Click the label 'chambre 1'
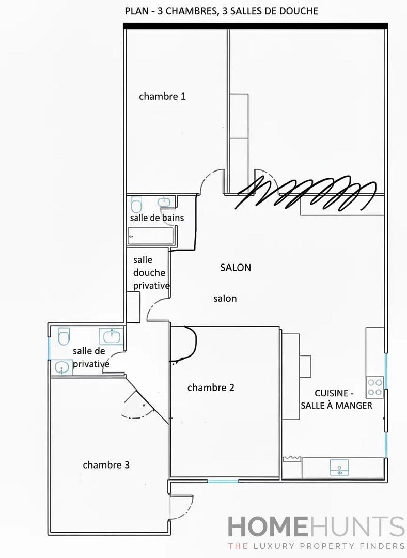pyautogui.click(x=162, y=96)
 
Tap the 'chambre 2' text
pyautogui.click(x=211, y=388)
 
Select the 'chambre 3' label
pyautogui.click(x=106, y=465)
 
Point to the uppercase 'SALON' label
pyautogui.click(x=236, y=268)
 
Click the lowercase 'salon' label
pyautogui.click(x=225, y=299)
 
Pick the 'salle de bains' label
pyautogui.click(x=157, y=218)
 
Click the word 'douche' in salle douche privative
pyautogui.click(x=149, y=273)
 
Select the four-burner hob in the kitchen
pyautogui.click(x=375, y=387)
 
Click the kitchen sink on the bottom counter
pyautogui.click(x=339, y=468)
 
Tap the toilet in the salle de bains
pyautogui.click(x=136, y=205)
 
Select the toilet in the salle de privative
pyautogui.click(x=64, y=336)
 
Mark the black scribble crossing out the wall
pyautogui.click(x=305, y=194)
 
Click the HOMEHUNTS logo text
pyautogui.click(x=316, y=527)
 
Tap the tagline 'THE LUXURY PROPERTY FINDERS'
pyautogui.click(x=316, y=546)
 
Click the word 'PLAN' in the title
pyautogui.click(x=135, y=11)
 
